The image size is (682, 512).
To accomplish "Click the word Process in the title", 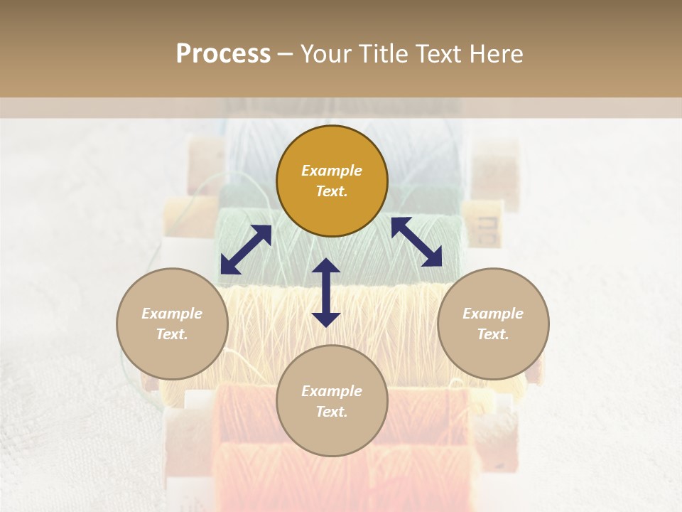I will (x=223, y=54).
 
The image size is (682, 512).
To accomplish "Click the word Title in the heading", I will (x=379, y=54).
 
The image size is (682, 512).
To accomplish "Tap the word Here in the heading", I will (x=495, y=54).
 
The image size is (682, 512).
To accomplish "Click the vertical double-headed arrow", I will (x=326, y=293).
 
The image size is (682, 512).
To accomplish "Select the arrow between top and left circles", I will (x=246, y=250).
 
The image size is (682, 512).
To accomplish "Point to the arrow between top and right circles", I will (x=416, y=242).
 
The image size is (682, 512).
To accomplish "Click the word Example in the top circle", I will (x=332, y=171).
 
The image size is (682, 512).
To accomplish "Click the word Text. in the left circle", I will (x=172, y=334).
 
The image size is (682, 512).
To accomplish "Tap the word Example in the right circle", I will (x=493, y=314).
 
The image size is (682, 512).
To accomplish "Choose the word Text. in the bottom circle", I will (x=332, y=412).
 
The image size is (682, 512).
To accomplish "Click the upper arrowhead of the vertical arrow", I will (x=326, y=266).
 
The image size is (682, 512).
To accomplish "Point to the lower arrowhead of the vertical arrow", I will (x=326, y=319).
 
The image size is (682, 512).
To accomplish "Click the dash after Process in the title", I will (x=285, y=54).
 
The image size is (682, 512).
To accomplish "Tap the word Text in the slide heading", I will (x=435, y=54).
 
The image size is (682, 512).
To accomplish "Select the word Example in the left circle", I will (x=172, y=314).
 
